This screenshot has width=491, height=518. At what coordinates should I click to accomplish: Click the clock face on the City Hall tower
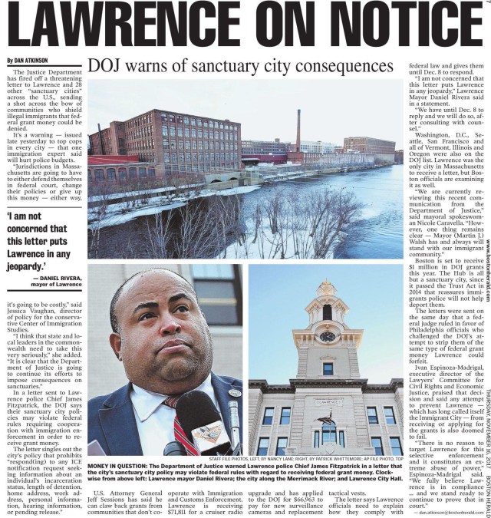coord(327,336)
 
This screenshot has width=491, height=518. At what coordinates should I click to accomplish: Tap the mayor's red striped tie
coord(181,426)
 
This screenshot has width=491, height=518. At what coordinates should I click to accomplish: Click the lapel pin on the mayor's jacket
coord(234,393)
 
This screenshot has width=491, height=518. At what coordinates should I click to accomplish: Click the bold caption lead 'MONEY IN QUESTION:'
coord(122,467)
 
